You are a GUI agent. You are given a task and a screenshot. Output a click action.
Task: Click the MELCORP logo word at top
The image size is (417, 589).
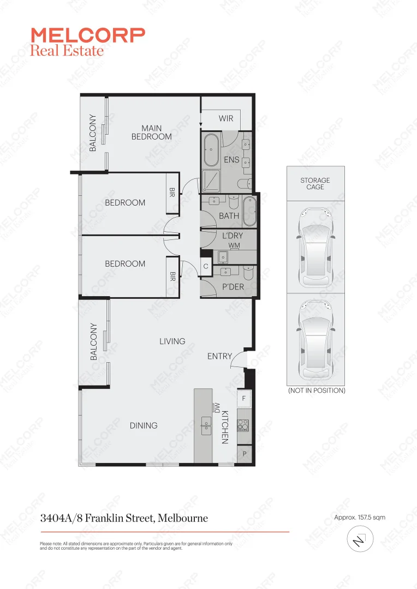click(x=88, y=35)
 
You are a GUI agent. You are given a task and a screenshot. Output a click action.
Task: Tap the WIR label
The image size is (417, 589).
click(x=226, y=118)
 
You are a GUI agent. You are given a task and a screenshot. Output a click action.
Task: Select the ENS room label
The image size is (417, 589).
click(x=231, y=160)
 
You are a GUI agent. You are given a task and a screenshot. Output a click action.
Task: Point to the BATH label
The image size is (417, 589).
click(x=229, y=216)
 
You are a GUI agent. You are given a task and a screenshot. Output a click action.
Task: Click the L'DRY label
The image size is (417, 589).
click(x=232, y=236)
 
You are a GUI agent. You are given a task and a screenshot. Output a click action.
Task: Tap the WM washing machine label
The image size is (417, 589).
click(x=234, y=246)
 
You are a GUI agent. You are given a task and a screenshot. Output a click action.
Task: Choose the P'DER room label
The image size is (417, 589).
click(x=233, y=287)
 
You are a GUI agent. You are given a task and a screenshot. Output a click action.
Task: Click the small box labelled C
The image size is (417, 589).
click(x=206, y=267)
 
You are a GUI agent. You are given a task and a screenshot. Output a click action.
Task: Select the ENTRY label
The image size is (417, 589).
click(x=219, y=356)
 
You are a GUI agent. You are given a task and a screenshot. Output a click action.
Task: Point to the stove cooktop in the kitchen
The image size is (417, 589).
click(x=243, y=424)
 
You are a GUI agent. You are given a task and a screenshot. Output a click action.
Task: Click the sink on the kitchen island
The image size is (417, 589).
click(x=206, y=425)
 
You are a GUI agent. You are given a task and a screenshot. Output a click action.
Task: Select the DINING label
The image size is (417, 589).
click(x=144, y=425)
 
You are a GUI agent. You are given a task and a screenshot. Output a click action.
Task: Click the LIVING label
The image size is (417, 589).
click(x=172, y=341)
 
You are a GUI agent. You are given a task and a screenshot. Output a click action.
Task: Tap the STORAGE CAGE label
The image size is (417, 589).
click(x=315, y=183)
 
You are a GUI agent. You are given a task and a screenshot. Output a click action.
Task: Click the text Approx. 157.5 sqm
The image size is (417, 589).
click(x=359, y=518)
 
